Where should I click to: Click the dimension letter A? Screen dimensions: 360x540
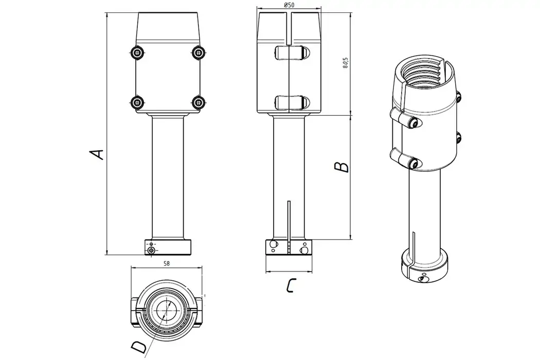pyautogui.click(x=97, y=154)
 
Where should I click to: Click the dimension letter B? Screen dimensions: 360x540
pyautogui.click(x=341, y=167)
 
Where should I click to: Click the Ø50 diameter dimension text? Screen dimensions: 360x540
pyautogui.click(x=289, y=5)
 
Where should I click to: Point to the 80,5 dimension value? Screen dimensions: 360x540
pyautogui.click(x=346, y=62)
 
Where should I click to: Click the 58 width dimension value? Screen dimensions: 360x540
pyautogui.click(x=167, y=263)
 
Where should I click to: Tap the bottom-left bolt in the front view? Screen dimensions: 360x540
pyautogui.click(x=136, y=102)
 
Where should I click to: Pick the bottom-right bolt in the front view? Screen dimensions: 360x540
pyautogui.click(x=198, y=102)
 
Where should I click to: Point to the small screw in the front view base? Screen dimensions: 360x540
pyautogui.click(x=151, y=250)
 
